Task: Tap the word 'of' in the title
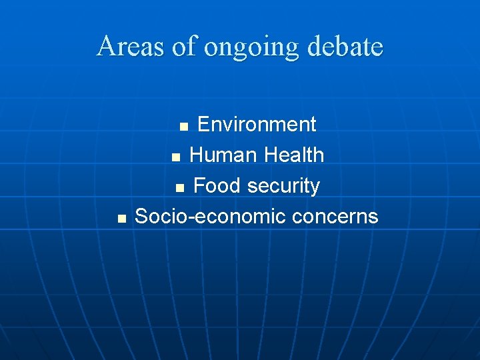pos(186,47)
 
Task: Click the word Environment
pos(257,125)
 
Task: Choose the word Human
pos(222,155)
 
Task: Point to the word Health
pos(294,155)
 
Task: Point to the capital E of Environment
pos(204,125)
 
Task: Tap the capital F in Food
pos(199,186)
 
